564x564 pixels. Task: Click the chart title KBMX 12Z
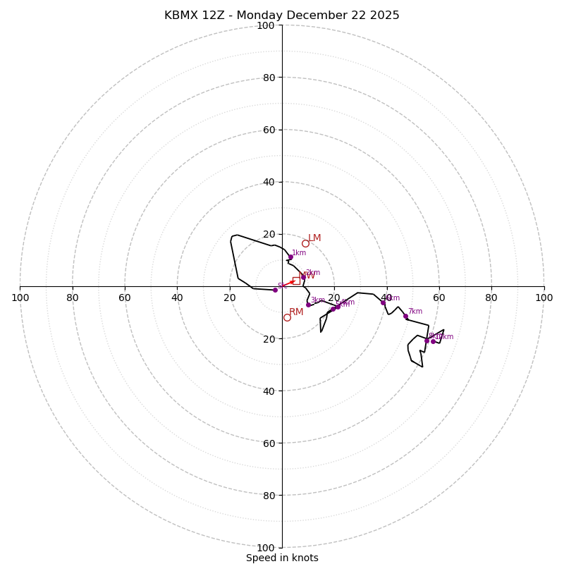point(282,16)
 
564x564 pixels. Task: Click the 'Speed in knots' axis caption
point(282,558)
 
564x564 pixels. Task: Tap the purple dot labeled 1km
point(290,257)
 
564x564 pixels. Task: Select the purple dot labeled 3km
point(308,305)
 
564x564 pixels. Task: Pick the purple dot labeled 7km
point(405,316)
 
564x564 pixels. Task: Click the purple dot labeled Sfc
point(275,290)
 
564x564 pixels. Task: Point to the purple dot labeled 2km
point(303,277)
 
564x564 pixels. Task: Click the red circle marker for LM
point(305,244)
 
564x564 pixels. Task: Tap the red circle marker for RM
point(287,317)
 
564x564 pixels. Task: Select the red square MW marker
point(296,281)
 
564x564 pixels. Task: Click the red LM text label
point(314,238)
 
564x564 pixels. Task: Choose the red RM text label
point(296,312)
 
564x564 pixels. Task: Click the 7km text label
point(415,311)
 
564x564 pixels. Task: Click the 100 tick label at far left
point(20,298)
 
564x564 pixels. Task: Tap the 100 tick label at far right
point(544,298)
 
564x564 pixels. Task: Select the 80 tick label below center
point(268,495)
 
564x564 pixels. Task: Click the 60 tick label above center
point(268,130)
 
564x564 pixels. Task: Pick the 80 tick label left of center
point(73,298)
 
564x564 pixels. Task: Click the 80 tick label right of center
point(491,298)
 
